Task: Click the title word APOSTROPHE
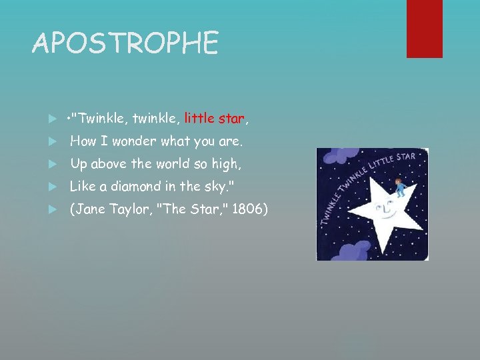click(x=125, y=44)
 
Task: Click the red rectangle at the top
click(x=424, y=28)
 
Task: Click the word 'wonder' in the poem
click(x=134, y=141)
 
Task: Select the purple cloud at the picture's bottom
click(x=353, y=251)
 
